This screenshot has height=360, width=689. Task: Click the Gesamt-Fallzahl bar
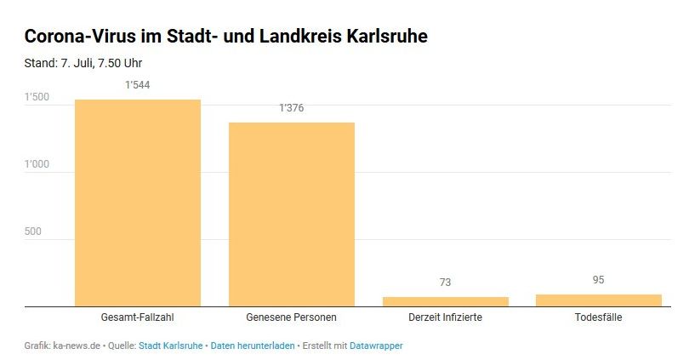tap(138, 203)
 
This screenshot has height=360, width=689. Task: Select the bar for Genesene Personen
tap(291, 214)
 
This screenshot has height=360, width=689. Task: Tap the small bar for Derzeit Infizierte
tap(445, 301)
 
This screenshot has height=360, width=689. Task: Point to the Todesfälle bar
tap(598, 300)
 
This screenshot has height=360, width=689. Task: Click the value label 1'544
tap(138, 85)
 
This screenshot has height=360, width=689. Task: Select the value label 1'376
tap(291, 108)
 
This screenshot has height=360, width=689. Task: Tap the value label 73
tap(445, 283)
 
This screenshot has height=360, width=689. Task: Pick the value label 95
tap(598, 280)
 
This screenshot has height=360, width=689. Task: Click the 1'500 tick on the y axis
tap(37, 98)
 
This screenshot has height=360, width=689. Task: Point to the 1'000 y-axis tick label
tap(37, 165)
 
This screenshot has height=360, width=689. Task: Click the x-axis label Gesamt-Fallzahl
tap(138, 317)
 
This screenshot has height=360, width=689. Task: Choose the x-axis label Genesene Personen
tap(291, 317)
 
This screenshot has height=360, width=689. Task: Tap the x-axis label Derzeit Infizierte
tap(445, 317)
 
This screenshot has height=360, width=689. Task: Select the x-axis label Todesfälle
tap(598, 317)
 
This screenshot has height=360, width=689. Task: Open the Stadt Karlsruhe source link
tap(170, 346)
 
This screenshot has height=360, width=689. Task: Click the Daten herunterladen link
tap(253, 346)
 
